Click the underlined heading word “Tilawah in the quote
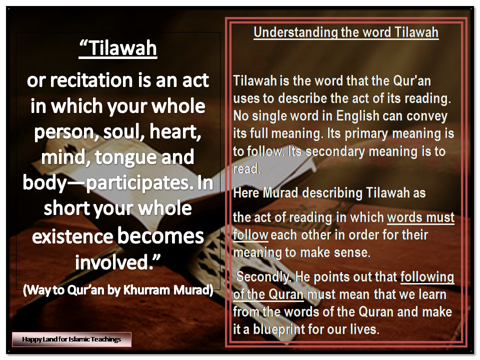pyautogui.click(x=118, y=48)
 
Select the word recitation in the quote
pyautogui.click(x=91, y=80)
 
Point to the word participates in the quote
pyautogui.click(x=137, y=183)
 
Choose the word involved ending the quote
pyautogui.click(x=118, y=262)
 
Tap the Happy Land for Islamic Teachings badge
pyautogui.click(x=71, y=339)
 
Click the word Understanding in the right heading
pyautogui.click(x=295, y=33)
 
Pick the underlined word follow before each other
pyautogui.click(x=250, y=235)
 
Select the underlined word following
pyautogui.click(x=427, y=277)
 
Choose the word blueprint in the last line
pyautogui.click(x=279, y=329)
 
